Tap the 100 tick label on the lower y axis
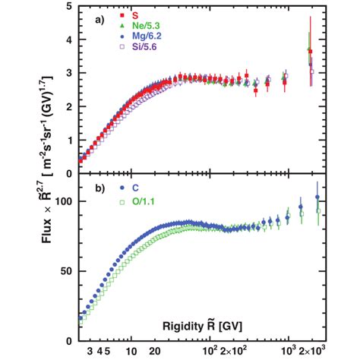(62, 202)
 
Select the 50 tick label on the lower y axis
(65, 270)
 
